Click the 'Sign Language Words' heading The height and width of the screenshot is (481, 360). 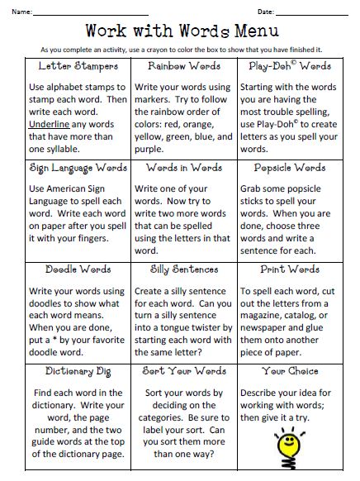point(78,167)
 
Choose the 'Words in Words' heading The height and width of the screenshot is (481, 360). point(183,167)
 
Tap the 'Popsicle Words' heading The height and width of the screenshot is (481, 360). point(290,167)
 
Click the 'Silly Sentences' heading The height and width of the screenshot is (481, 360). point(183,269)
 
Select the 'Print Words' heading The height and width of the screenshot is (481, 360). point(290,269)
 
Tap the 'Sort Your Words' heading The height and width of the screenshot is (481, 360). point(183,372)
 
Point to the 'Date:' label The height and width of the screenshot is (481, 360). point(265,12)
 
